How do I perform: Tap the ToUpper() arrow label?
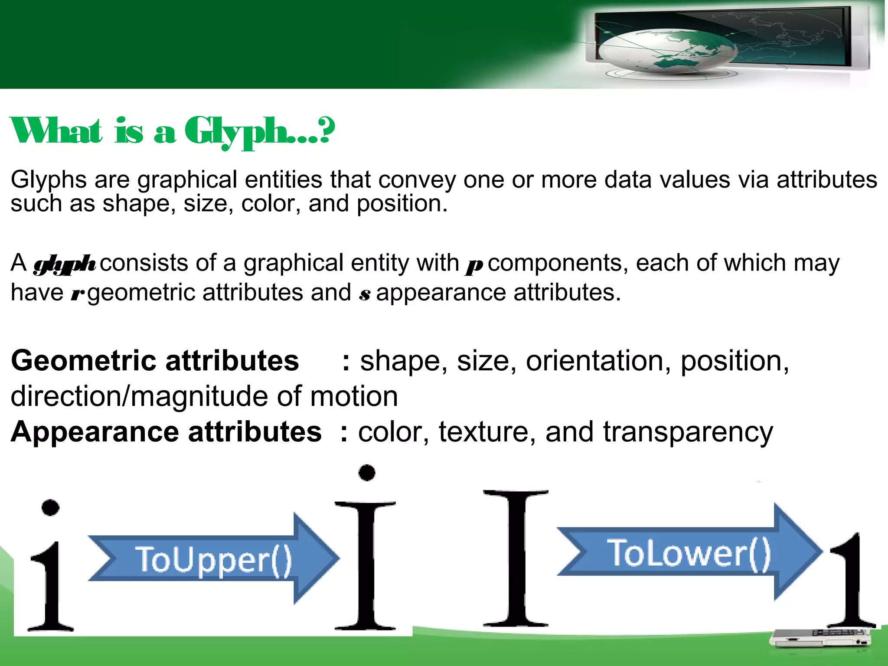(x=213, y=560)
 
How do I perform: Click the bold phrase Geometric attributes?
(x=155, y=361)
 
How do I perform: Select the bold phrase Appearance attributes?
(x=166, y=432)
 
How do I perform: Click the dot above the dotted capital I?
(x=367, y=473)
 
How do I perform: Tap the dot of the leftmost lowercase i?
(x=50, y=507)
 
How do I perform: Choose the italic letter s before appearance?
(x=365, y=294)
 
